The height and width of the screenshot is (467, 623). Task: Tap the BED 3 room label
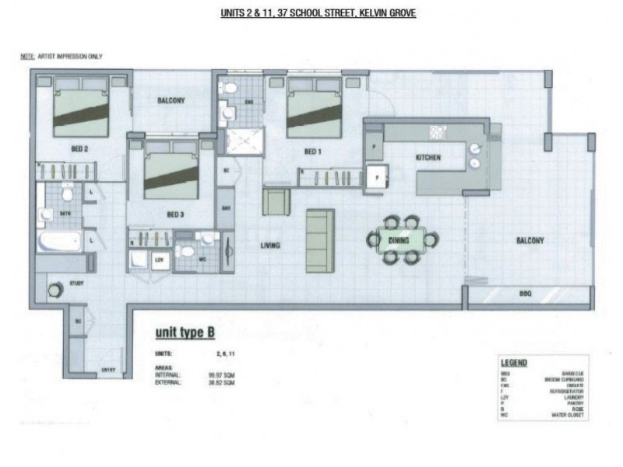(x=175, y=213)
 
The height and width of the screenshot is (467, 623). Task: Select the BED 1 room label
(x=311, y=152)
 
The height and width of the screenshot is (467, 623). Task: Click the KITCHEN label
(x=428, y=158)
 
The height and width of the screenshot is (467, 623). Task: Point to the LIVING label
(x=270, y=246)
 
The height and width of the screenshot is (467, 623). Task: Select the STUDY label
(x=76, y=283)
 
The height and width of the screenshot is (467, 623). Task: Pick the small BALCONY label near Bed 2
(x=171, y=101)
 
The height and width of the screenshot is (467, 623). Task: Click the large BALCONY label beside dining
(x=530, y=241)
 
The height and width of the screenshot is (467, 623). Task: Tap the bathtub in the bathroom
(x=58, y=241)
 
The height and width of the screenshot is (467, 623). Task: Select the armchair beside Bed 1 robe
(x=276, y=202)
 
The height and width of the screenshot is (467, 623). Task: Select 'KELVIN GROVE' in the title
(x=387, y=13)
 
